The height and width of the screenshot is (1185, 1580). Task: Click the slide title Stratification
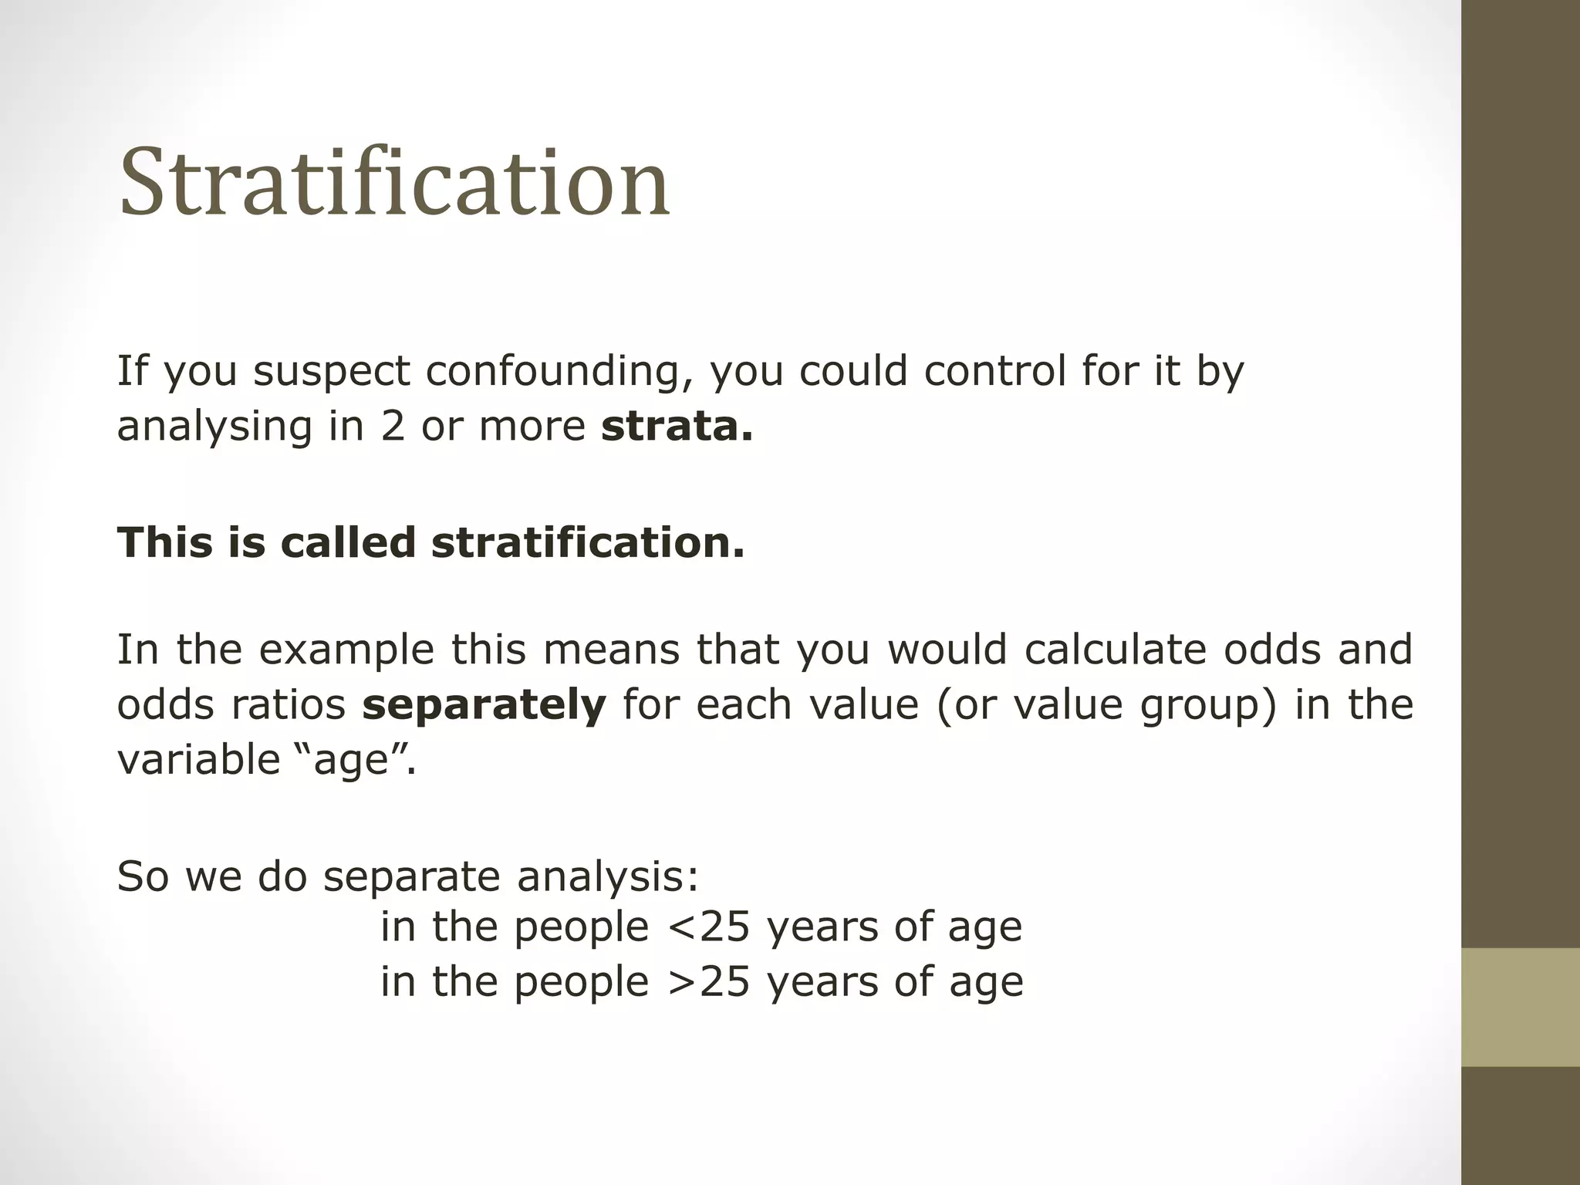point(394,182)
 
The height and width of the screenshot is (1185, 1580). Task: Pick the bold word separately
point(484,706)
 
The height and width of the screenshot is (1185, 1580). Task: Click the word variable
point(198,760)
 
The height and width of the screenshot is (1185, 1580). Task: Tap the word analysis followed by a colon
point(608,877)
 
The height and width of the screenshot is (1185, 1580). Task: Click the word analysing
point(214,427)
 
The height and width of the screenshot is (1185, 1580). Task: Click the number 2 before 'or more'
point(393,427)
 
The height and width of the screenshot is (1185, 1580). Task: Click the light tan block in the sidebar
point(1521,1008)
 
